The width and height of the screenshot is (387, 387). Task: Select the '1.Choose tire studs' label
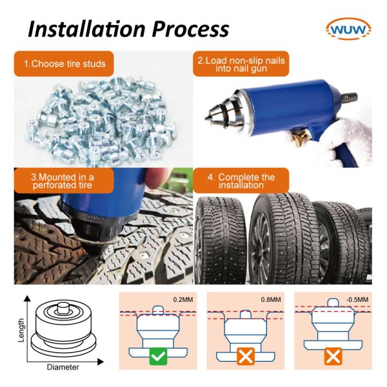pyautogui.click(x=64, y=64)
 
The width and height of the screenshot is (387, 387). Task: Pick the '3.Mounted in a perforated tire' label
pyautogui.click(x=63, y=181)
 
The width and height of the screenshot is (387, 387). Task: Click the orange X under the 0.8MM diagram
pyautogui.click(x=244, y=356)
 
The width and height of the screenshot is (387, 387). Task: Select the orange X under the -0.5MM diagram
pyautogui.click(x=331, y=356)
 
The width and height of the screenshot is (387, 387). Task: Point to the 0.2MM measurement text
pyautogui.click(x=183, y=299)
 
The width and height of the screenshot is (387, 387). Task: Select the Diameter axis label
pyautogui.click(x=63, y=368)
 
